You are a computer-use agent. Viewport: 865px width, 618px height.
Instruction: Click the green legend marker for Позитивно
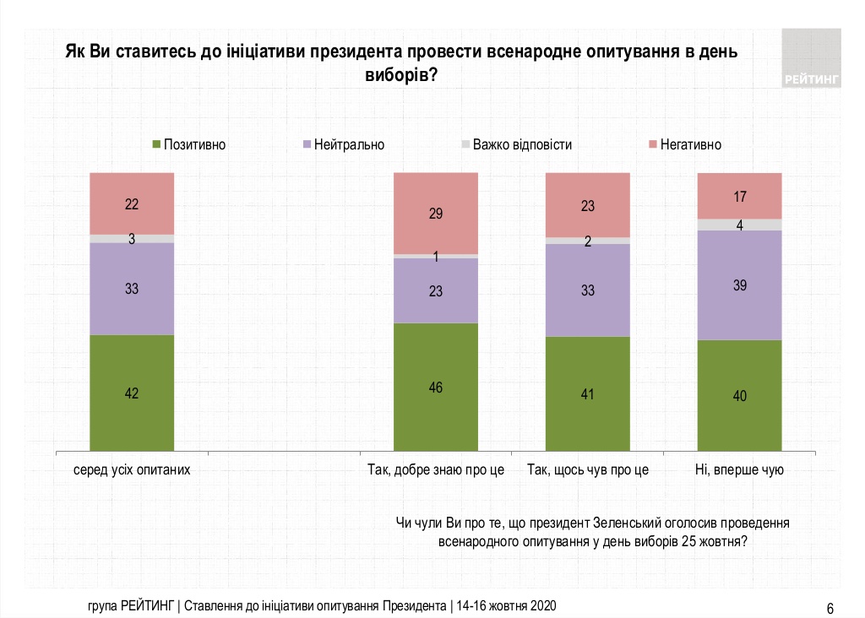click(x=155, y=144)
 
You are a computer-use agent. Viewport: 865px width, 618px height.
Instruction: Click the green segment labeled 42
click(x=131, y=393)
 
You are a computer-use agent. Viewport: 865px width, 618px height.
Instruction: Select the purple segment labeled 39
click(x=739, y=285)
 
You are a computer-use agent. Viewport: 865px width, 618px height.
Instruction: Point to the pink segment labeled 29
click(x=436, y=213)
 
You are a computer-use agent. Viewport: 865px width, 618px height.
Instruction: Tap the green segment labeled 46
click(x=436, y=388)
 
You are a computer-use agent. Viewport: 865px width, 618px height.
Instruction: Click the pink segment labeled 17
click(x=739, y=196)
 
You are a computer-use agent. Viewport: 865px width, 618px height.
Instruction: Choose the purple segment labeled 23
click(x=436, y=290)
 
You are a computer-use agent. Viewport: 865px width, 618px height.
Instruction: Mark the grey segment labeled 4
click(x=739, y=225)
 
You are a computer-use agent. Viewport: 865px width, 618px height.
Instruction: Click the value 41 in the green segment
click(x=588, y=393)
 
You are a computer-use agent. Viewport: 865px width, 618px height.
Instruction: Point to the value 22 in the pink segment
click(x=131, y=203)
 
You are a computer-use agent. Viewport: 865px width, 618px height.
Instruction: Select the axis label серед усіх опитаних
click(x=131, y=470)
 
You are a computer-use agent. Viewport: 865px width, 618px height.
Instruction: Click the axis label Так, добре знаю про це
click(x=436, y=470)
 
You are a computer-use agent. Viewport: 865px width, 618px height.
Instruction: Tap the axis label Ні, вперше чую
click(x=739, y=470)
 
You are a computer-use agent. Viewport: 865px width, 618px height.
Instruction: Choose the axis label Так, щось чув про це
click(x=588, y=470)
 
